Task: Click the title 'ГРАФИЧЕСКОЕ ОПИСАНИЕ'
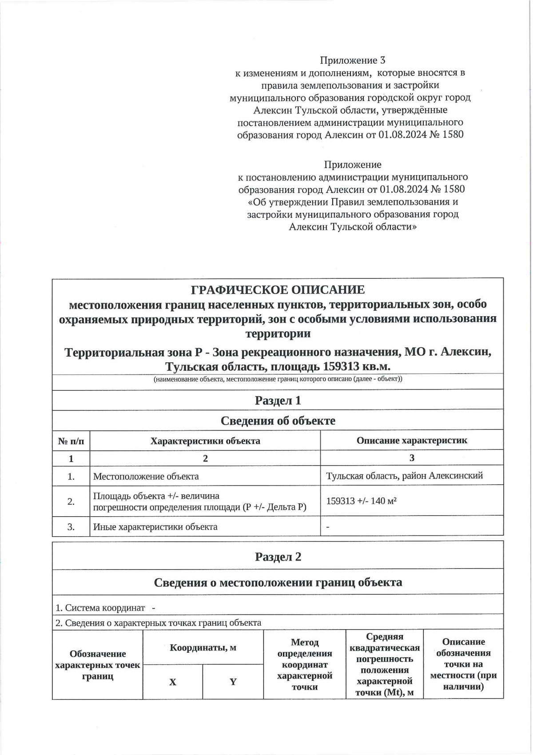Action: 278,290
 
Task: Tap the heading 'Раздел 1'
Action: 278,400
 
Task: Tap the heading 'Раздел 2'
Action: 278,557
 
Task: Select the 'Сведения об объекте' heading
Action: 278,421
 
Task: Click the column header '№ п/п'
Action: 71,441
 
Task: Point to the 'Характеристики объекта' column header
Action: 205,441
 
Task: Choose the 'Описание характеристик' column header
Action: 411,441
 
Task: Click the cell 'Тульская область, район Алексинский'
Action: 404,476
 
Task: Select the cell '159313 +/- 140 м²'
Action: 361,501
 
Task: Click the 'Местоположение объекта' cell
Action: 146,477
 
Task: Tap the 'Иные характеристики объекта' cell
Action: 155,527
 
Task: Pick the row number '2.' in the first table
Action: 71,502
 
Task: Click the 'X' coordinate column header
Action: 173,682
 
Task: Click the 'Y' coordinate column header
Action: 233,682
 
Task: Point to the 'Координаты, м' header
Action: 203,647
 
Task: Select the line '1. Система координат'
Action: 100,608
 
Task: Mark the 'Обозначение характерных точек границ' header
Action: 97,665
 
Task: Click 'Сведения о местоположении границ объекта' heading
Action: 278,582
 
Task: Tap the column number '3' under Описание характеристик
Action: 411,458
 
